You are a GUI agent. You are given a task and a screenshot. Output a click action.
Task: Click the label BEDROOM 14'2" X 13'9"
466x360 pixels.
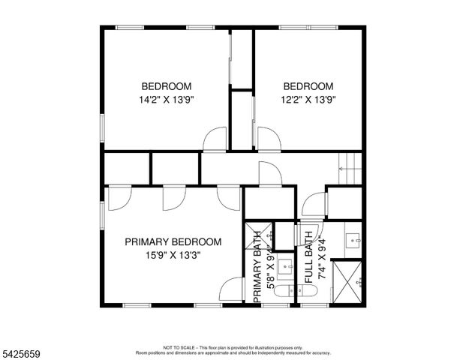(166, 92)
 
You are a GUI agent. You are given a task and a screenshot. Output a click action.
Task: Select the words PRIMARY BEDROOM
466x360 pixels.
(173, 242)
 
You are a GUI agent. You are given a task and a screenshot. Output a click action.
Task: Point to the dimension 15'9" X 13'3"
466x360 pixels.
(173, 255)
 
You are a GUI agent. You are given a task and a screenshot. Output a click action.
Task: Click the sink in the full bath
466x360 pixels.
(353, 241)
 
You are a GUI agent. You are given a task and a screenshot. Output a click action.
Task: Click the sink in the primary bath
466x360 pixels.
(285, 265)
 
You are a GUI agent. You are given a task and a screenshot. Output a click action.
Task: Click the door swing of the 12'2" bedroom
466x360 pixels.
(268, 139)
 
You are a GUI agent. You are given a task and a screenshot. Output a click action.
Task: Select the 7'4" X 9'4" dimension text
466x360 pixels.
(320, 257)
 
